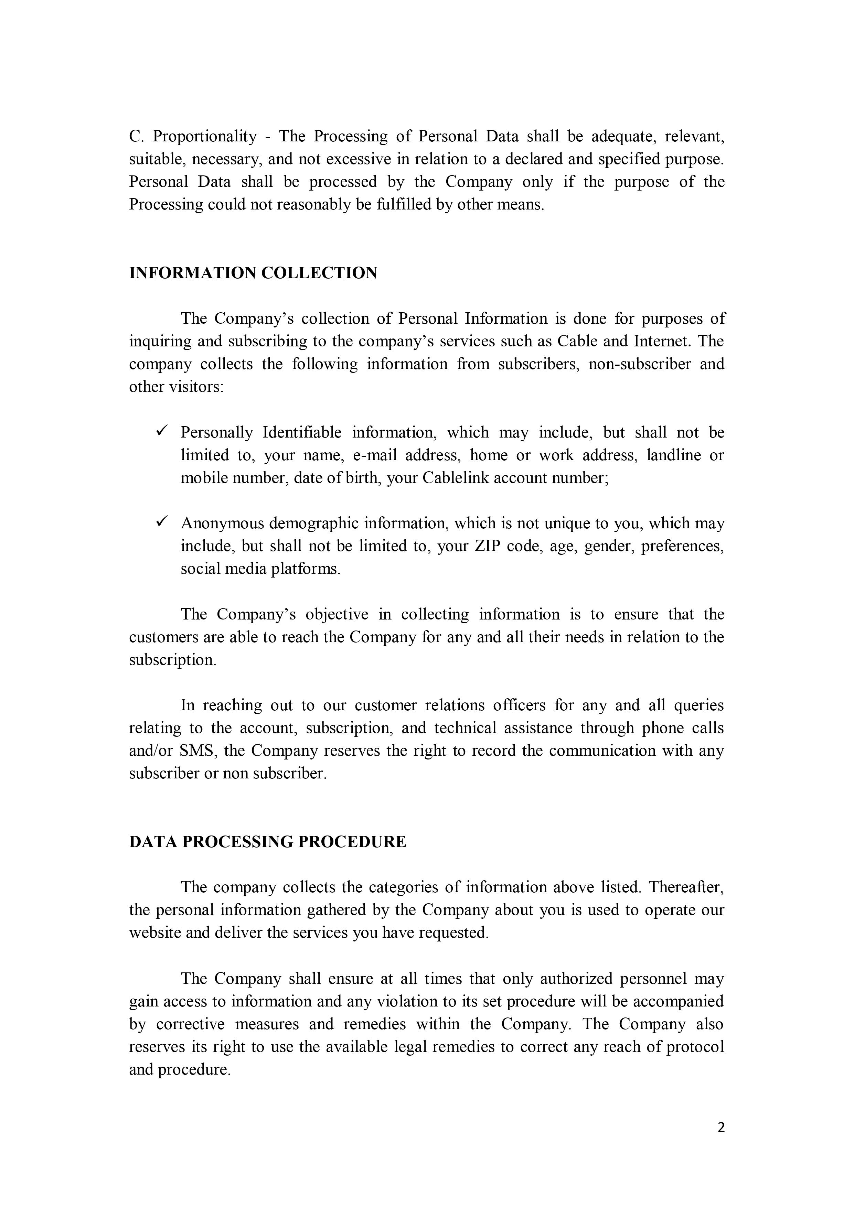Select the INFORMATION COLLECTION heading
(253, 273)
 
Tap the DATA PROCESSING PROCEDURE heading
(268, 842)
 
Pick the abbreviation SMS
(197, 751)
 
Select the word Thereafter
(686, 888)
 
